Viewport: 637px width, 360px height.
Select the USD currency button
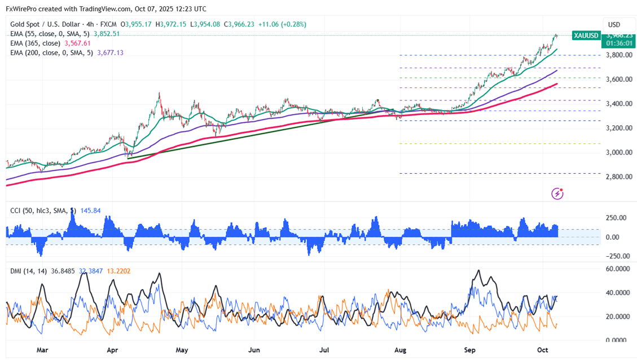(614, 25)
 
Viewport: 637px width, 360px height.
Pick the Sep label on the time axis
(469, 350)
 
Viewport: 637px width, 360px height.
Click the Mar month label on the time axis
(42, 350)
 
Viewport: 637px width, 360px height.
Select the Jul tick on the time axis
(325, 350)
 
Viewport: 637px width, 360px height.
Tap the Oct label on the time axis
(543, 350)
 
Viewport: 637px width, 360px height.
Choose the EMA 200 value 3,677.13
(110, 52)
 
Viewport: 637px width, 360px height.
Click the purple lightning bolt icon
(557, 194)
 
